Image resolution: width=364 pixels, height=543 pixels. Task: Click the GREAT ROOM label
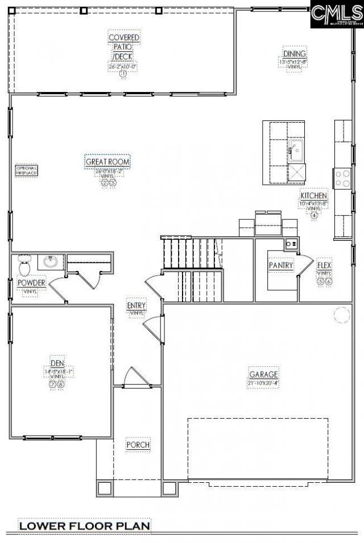[108, 162]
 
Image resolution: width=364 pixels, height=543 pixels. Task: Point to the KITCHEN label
[314, 195]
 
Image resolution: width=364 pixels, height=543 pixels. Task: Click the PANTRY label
[281, 265]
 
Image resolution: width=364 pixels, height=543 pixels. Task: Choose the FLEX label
[324, 265]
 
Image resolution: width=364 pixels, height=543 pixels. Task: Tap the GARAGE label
[263, 374]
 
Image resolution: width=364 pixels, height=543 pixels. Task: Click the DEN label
[57, 363]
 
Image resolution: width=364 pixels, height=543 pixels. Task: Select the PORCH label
[138, 444]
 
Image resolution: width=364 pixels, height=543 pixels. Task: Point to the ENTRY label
[136, 306]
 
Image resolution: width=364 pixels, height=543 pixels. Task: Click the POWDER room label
[31, 283]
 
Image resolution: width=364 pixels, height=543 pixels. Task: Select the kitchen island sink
[296, 150]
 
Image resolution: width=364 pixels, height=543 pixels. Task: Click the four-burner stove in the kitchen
[342, 178]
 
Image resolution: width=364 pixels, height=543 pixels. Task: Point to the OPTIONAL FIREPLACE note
[26, 170]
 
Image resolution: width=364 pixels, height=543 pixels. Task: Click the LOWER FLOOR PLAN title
[85, 526]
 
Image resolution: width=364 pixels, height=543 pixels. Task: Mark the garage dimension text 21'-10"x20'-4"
[263, 383]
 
